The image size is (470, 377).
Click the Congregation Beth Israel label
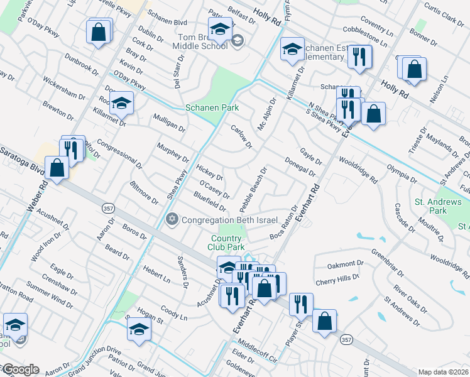[x=221, y=219]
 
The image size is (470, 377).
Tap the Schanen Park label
[x=212, y=108]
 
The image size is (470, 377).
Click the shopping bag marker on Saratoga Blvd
[x=57, y=168]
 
